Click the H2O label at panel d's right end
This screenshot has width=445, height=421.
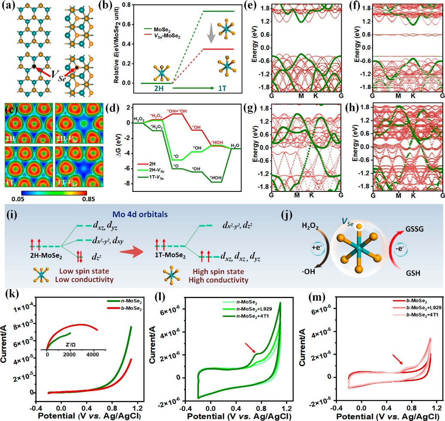point(235,146)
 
